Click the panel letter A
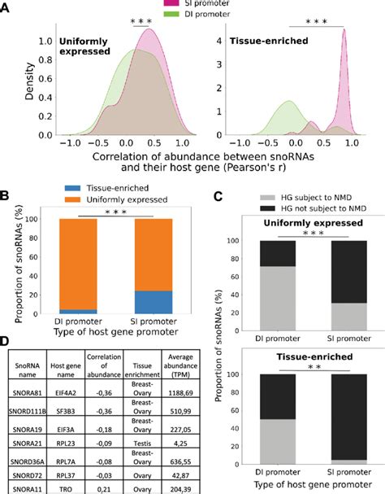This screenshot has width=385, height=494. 6,8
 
